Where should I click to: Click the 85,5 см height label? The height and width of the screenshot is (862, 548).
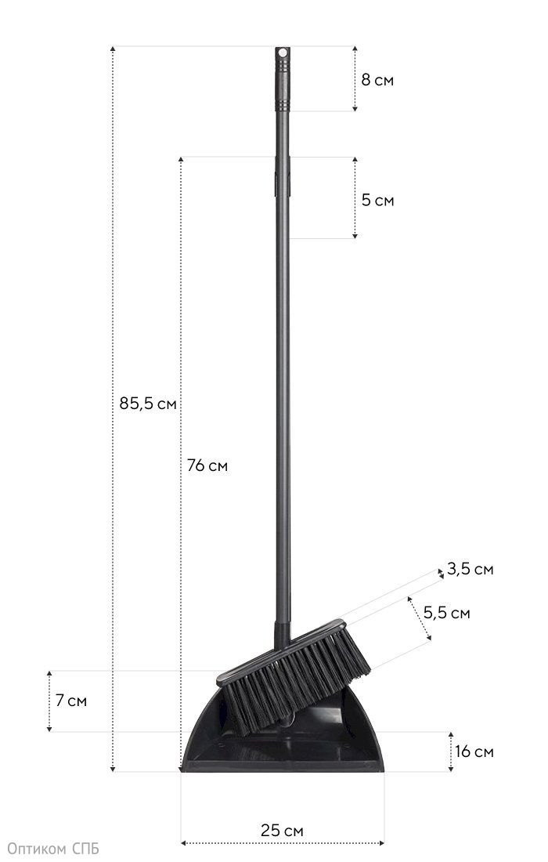[148, 404]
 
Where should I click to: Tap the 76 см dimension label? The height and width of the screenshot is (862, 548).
[207, 465]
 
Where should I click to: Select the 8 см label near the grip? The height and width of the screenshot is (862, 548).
[377, 80]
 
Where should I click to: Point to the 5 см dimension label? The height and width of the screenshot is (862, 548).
[377, 200]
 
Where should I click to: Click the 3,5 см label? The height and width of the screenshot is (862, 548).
[470, 570]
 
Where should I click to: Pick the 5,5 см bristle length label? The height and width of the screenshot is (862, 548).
[447, 613]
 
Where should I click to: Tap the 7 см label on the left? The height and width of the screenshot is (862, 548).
[70, 701]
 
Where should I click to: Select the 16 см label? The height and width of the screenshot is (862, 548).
[474, 752]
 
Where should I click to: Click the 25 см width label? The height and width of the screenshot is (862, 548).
[282, 831]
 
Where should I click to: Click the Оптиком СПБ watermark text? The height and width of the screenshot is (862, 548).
[53, 849]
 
